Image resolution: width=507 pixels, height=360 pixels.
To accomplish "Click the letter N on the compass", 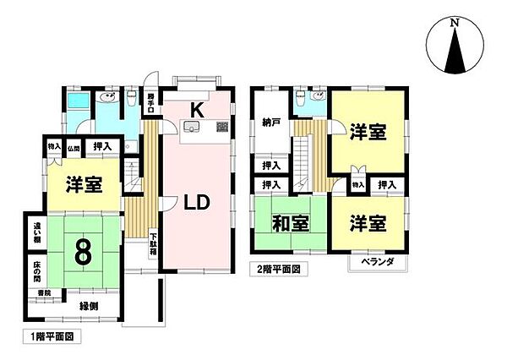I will (x=455, y=22).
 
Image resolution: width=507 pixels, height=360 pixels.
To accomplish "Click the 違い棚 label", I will (x=38, y=232).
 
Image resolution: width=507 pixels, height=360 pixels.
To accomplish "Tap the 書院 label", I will (x=42, y=293).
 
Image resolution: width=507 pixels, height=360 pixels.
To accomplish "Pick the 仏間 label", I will (x=74, y=148).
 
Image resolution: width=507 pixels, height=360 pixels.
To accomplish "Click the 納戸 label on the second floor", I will (x=270, y=123).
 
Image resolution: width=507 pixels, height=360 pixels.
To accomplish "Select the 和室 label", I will (x=290, y=225).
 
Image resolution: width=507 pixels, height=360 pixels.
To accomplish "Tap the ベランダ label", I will (x=378, y=264).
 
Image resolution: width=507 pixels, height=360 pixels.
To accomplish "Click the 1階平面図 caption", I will (x=47, y=337).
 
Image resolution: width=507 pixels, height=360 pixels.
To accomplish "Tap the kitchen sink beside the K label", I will (x=192, y=128).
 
